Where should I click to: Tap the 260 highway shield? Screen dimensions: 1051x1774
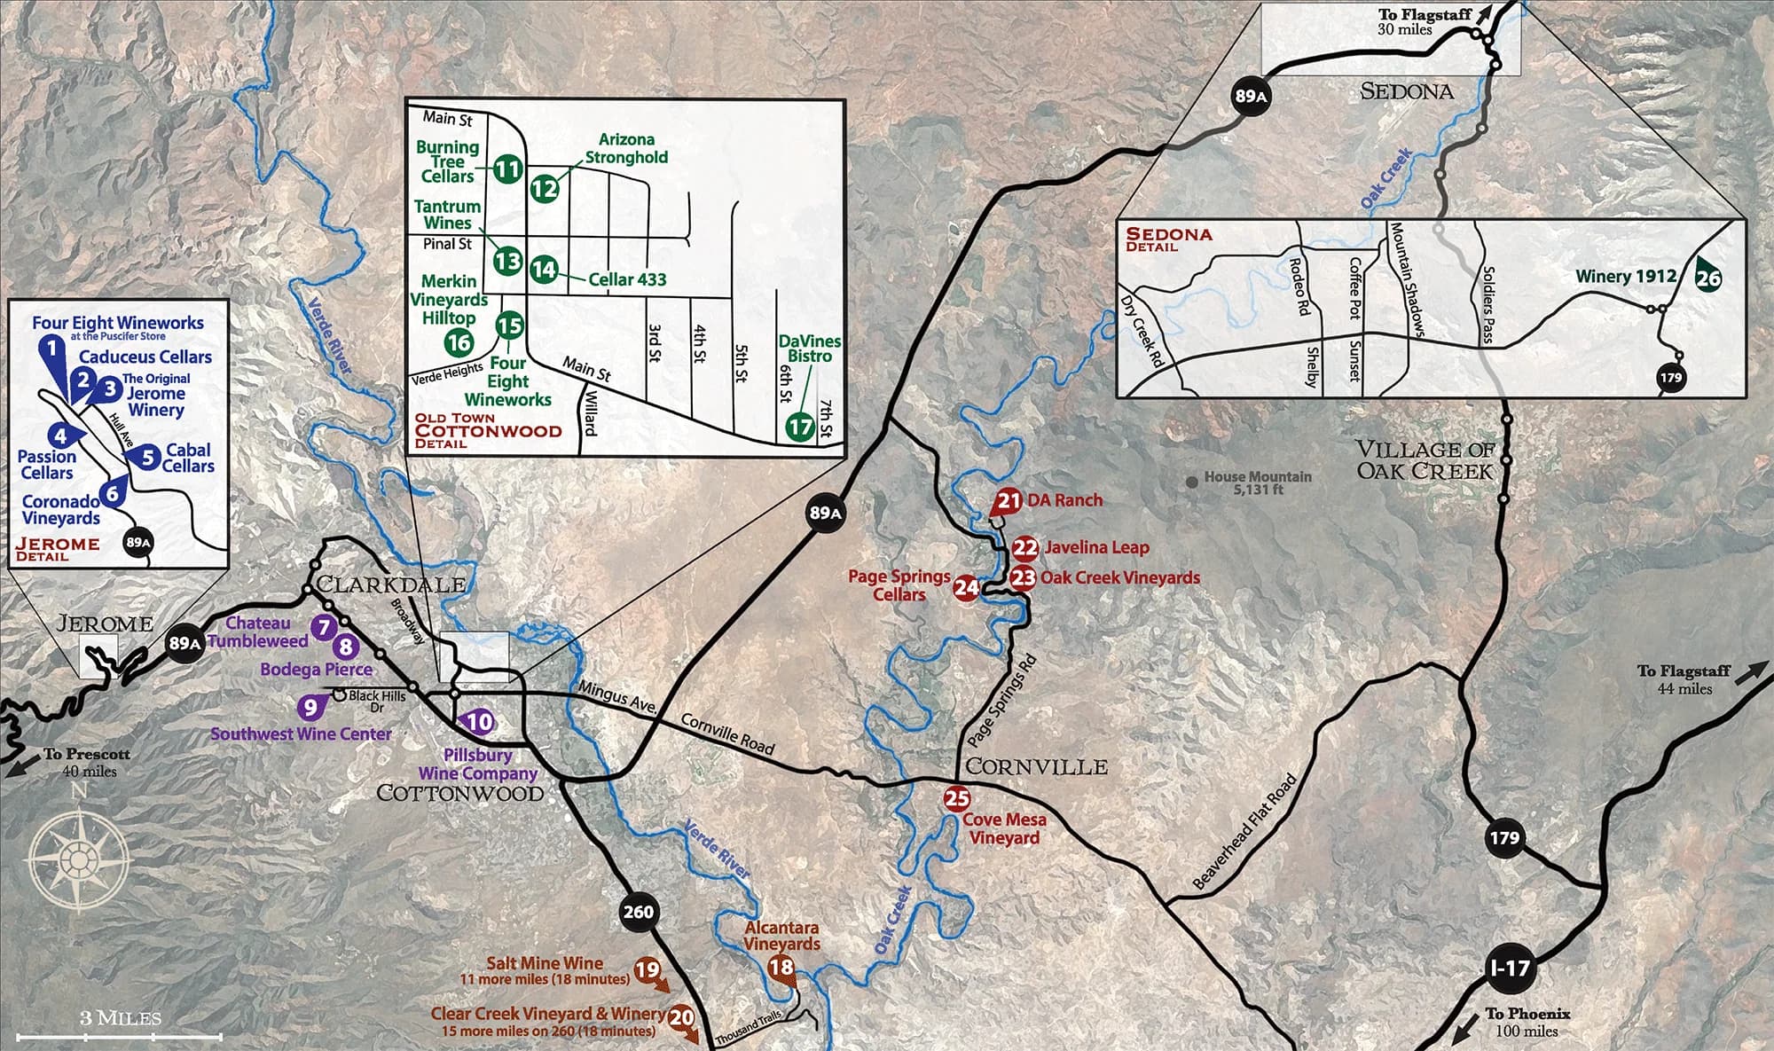tap(638, 911)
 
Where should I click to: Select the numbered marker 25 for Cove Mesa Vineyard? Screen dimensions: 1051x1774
tap(956, 798)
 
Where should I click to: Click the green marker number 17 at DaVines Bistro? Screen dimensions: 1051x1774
tap(799, 427)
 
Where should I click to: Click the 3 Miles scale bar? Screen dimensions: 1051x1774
tap(120, 1034)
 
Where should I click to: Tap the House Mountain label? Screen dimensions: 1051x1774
tap(1257, 482)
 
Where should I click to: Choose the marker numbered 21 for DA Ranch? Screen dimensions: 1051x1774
tap(1008, 501)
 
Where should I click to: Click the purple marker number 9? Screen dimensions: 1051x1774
tap(310, 707)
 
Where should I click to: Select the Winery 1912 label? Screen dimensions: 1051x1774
tap(1625, 276)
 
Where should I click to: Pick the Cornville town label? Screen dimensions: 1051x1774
tap(1036, 766)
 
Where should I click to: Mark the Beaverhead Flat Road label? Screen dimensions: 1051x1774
tap(1244, 832)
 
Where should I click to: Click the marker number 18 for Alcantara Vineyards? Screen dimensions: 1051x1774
tap(781, 967)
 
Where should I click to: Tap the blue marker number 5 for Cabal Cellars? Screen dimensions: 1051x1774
tap(148, 458)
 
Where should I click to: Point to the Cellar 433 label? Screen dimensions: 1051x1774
tap(627, 279)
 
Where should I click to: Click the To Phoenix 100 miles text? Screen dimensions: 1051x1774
tap(1527, 1022)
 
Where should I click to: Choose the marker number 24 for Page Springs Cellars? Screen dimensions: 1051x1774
tap(966, 587)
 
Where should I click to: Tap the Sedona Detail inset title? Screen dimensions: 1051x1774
tap(1168, 239)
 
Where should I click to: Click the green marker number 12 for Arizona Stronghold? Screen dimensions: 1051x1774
tap(545, 188)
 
